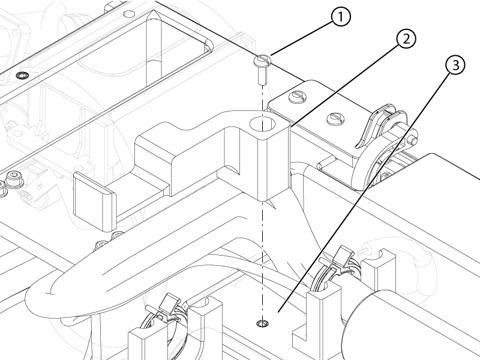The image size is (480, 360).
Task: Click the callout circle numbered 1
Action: [x=340, y=17]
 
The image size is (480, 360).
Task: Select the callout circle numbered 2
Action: [x=406, y=39]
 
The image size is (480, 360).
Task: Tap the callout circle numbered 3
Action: [x=455, y=65]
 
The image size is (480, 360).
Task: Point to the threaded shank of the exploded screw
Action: [x=262, y=76]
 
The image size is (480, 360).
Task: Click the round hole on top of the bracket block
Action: [x=262, y=124]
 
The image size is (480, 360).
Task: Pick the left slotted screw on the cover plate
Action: [x=296, y=97]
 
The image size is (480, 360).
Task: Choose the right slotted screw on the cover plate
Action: [x=335, y=119]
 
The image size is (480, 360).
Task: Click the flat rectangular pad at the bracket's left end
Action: [x=95, y=202]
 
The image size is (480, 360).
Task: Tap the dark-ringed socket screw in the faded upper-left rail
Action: [x=22, y=76]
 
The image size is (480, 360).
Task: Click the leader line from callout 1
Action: [x=302, y=38]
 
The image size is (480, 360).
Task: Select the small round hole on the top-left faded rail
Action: [x=128, y=14]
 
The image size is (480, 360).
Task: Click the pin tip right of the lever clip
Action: [x=413, y=141]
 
